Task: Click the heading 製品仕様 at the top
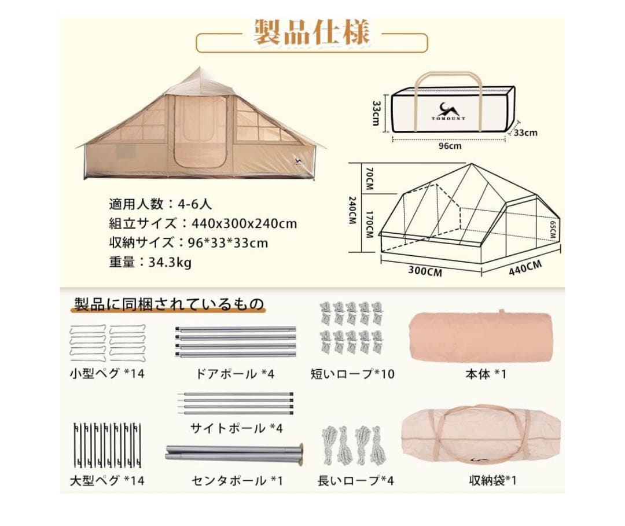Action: (x=311, y=33)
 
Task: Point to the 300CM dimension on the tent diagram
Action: (x=425, y=271)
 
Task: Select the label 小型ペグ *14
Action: (x=106, y=373)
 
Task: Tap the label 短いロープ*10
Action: (x=352, y=374)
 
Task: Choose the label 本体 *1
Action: (x=486, y=374)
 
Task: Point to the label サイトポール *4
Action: (x=236, y=428)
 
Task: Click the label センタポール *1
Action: (x=237, y=480)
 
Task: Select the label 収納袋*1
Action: (x=492, y=480)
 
